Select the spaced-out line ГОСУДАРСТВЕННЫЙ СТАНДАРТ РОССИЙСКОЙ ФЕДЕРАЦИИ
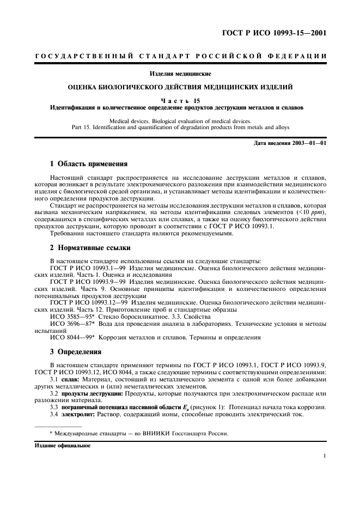tap(180, 57)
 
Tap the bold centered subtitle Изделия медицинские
tap(180, 73)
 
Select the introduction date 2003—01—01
tap(308, 143)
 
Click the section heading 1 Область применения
tap(88, 163)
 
